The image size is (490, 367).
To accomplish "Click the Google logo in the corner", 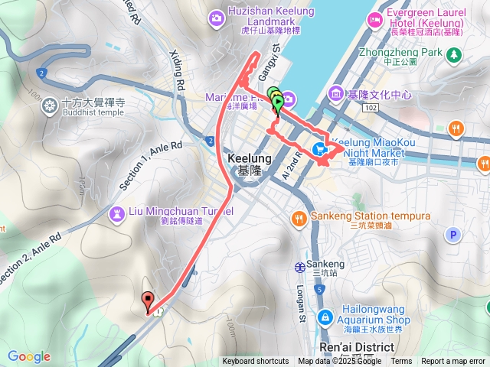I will [x=29, y=356].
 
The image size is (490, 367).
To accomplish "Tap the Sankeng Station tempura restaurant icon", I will [x=298, y=216].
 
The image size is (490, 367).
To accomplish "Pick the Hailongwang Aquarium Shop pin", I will [x=325, y=316].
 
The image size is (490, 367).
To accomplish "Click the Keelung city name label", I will [x=245, y=164].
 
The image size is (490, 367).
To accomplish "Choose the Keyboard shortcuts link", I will [x=256, y=362].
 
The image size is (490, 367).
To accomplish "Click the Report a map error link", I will [x=454, y=362].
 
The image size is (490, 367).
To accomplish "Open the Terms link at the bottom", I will [x=401, y=362].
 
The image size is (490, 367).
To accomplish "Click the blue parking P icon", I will [x=453, y=235].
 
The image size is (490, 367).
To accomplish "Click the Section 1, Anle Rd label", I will [x=151, y=164].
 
